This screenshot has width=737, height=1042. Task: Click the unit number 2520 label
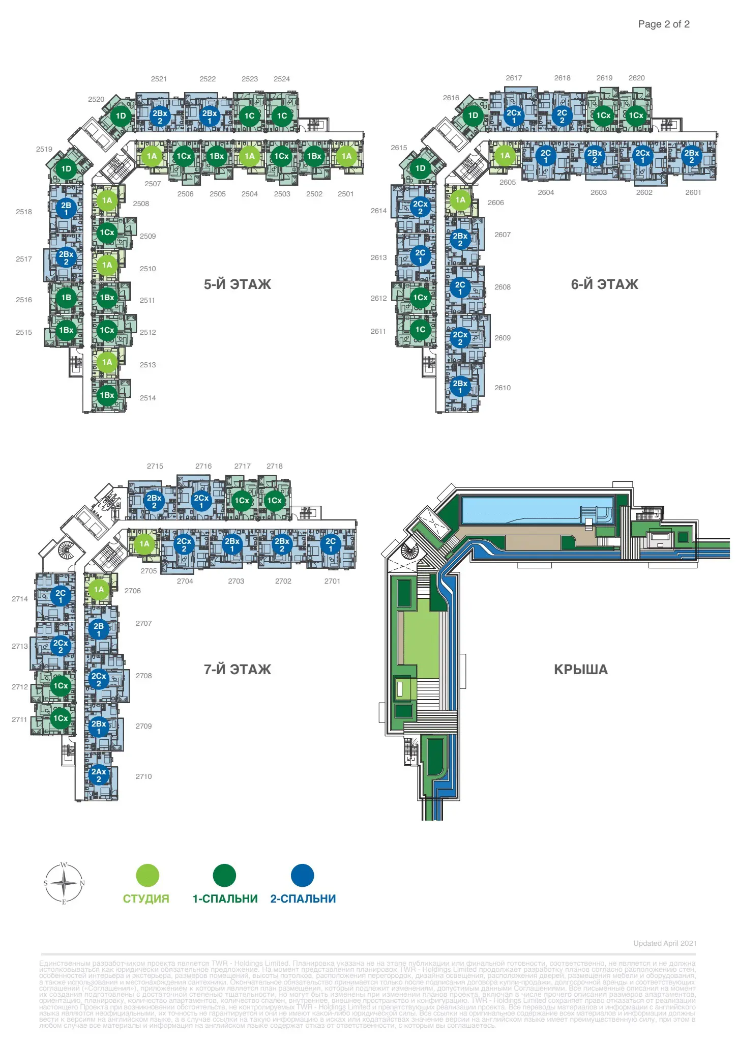coord(96,99)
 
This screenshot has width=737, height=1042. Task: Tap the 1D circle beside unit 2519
coord(66,169)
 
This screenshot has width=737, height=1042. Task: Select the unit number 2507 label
coord(153,184)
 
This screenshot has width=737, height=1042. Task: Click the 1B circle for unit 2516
coord(66,298)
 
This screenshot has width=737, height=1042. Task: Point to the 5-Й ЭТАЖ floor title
coord(238,284)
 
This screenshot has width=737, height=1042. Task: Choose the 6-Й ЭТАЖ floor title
coord(604,284)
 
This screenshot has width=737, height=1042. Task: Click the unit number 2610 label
coord(503,388)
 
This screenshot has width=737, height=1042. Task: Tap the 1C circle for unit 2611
coord(420,330)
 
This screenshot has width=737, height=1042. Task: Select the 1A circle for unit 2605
coord(505,156)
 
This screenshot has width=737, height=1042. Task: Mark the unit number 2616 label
coord(451,98)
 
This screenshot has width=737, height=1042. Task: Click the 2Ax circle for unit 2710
coord(99,775)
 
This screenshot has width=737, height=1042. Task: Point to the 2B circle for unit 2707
coord(99,629)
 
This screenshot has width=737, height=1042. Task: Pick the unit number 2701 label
coord(332,581)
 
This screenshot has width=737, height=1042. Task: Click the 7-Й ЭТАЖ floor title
coord(238,670)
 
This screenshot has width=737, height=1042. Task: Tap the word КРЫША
coord(581,670)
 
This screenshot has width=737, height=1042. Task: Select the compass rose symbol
coord(64,883)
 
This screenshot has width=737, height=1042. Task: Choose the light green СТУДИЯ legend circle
coord(148,876)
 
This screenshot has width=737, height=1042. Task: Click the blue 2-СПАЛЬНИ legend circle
coord(302,876)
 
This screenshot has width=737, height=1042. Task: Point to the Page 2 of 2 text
coord(664,24)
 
